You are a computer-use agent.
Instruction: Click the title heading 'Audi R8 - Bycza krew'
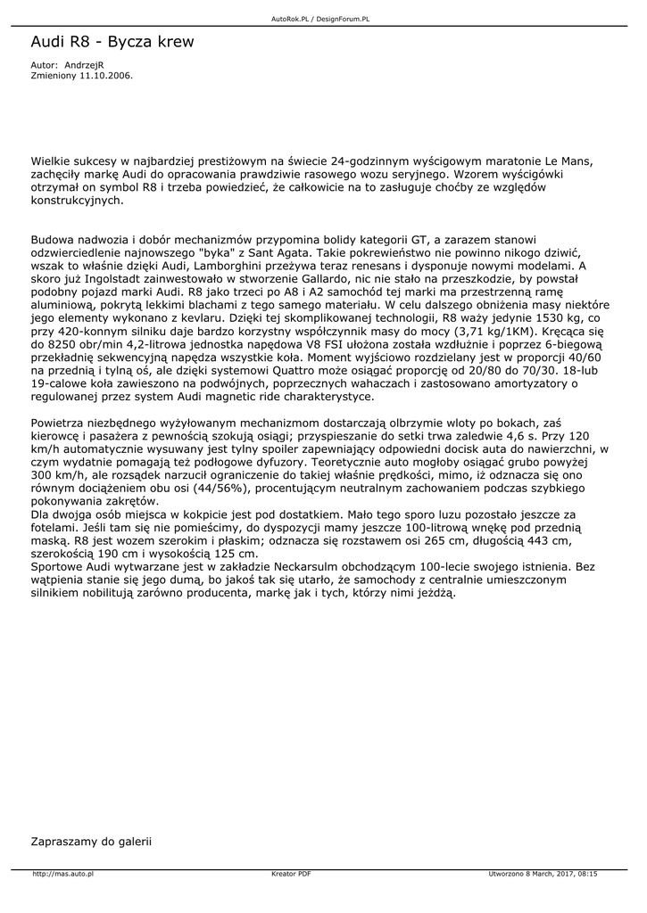pos(112,42)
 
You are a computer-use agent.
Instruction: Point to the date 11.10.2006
pos(106,76)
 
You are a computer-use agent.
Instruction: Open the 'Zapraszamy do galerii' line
pos(91,840)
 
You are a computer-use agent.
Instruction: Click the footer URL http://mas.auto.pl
pos(62,874)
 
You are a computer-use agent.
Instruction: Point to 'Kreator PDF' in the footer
pos(291,874)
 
